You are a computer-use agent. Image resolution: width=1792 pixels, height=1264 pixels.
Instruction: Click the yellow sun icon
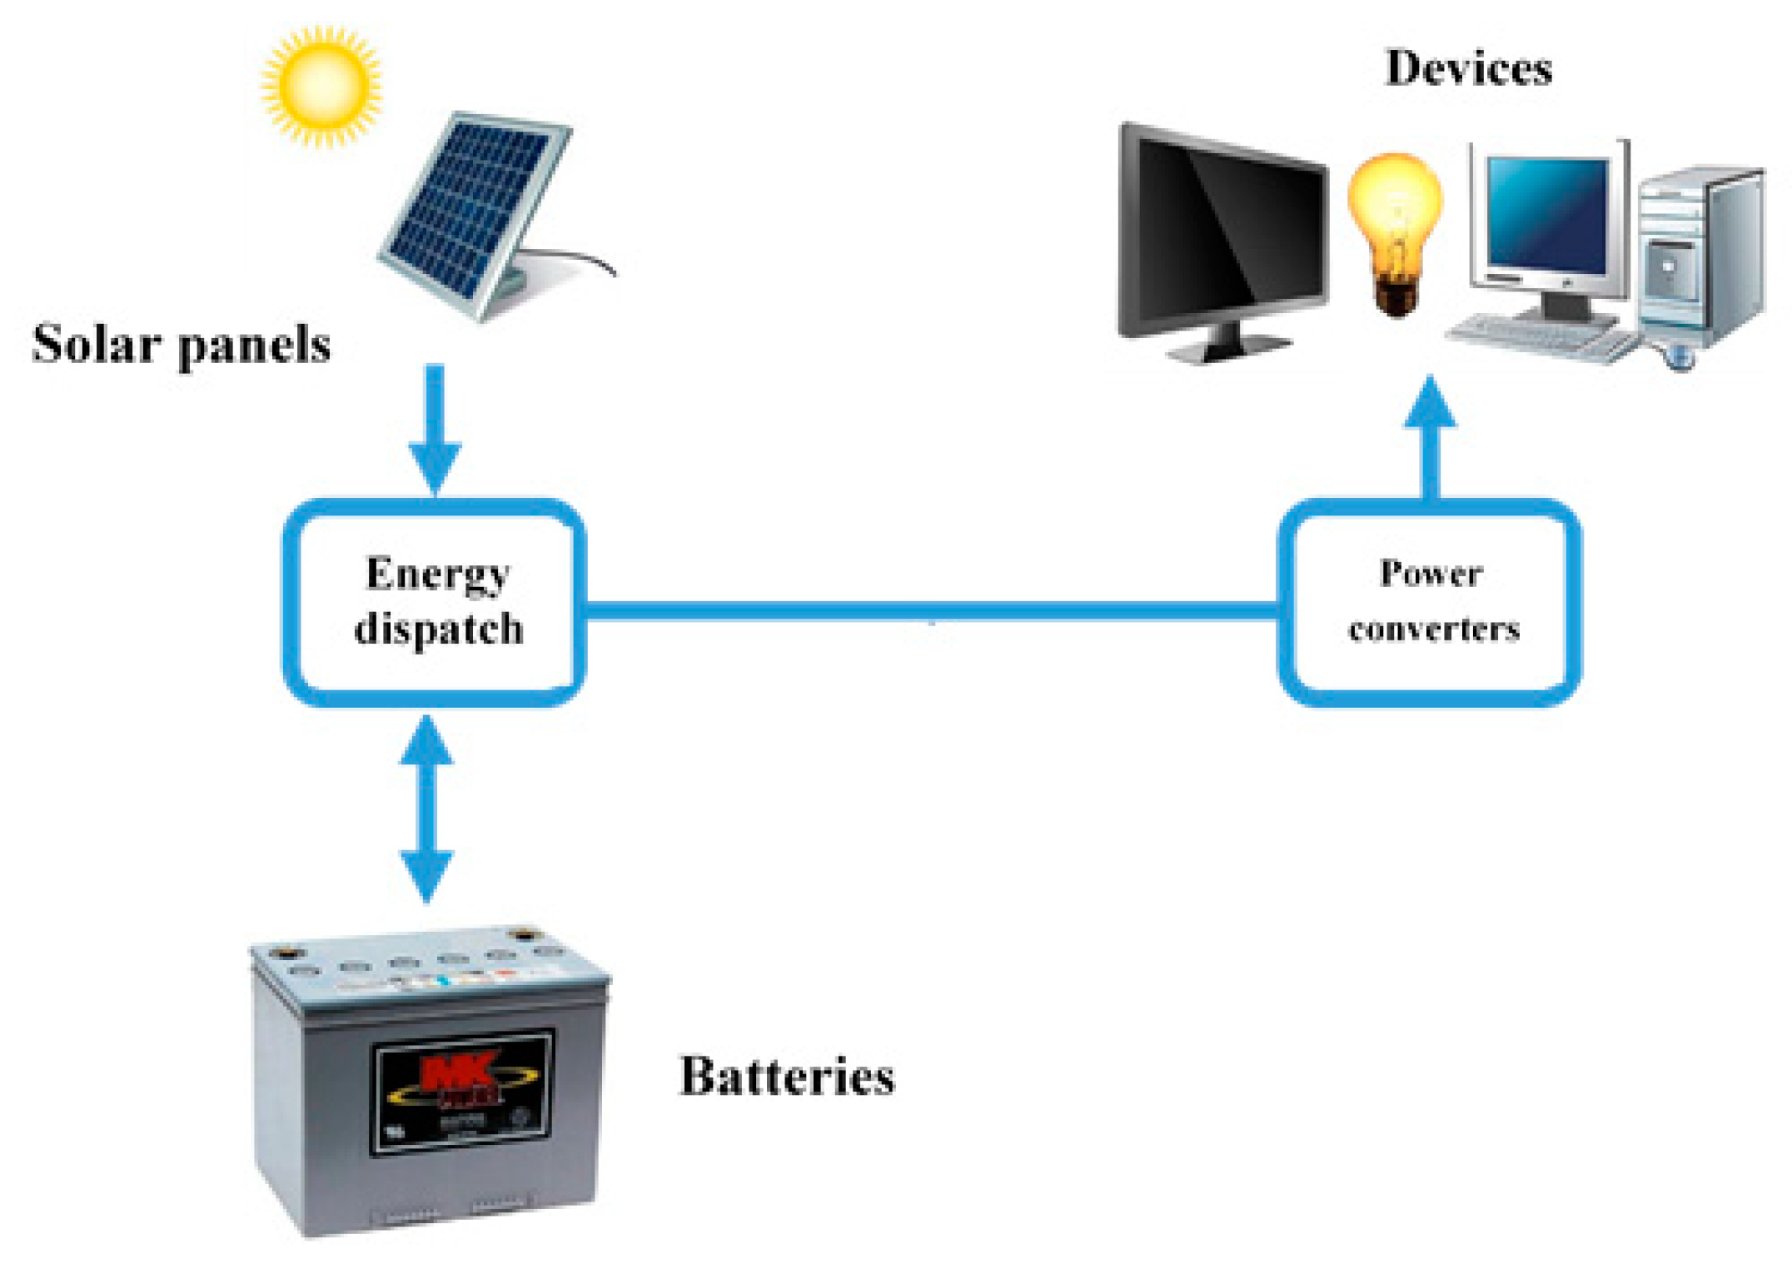click(x=321, y=85)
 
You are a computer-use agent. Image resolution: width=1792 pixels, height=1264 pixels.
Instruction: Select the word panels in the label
click(x=254, y=346)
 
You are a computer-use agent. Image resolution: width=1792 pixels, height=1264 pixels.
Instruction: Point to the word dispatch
click(x=439, y=630)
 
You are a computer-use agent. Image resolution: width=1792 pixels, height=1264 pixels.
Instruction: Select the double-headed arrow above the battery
click(x=426, y=808)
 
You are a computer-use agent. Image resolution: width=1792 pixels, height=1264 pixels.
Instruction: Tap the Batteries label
click(x=787, y=1077)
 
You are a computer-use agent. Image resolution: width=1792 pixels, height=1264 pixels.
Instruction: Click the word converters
click(x=1434, y=630)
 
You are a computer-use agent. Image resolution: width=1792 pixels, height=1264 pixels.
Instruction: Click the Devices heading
click(x=1469, y=68)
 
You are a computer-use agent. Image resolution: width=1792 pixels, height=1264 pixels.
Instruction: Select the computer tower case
click(x=1699, y=258)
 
